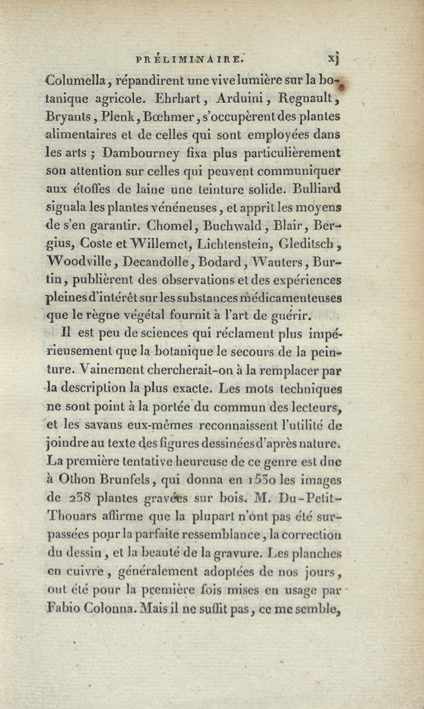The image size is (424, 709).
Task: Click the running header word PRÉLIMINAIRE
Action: (x=191, y=58)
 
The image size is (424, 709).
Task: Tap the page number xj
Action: (x=332, y=58)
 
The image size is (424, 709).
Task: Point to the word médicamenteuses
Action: (x=290, y=297)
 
